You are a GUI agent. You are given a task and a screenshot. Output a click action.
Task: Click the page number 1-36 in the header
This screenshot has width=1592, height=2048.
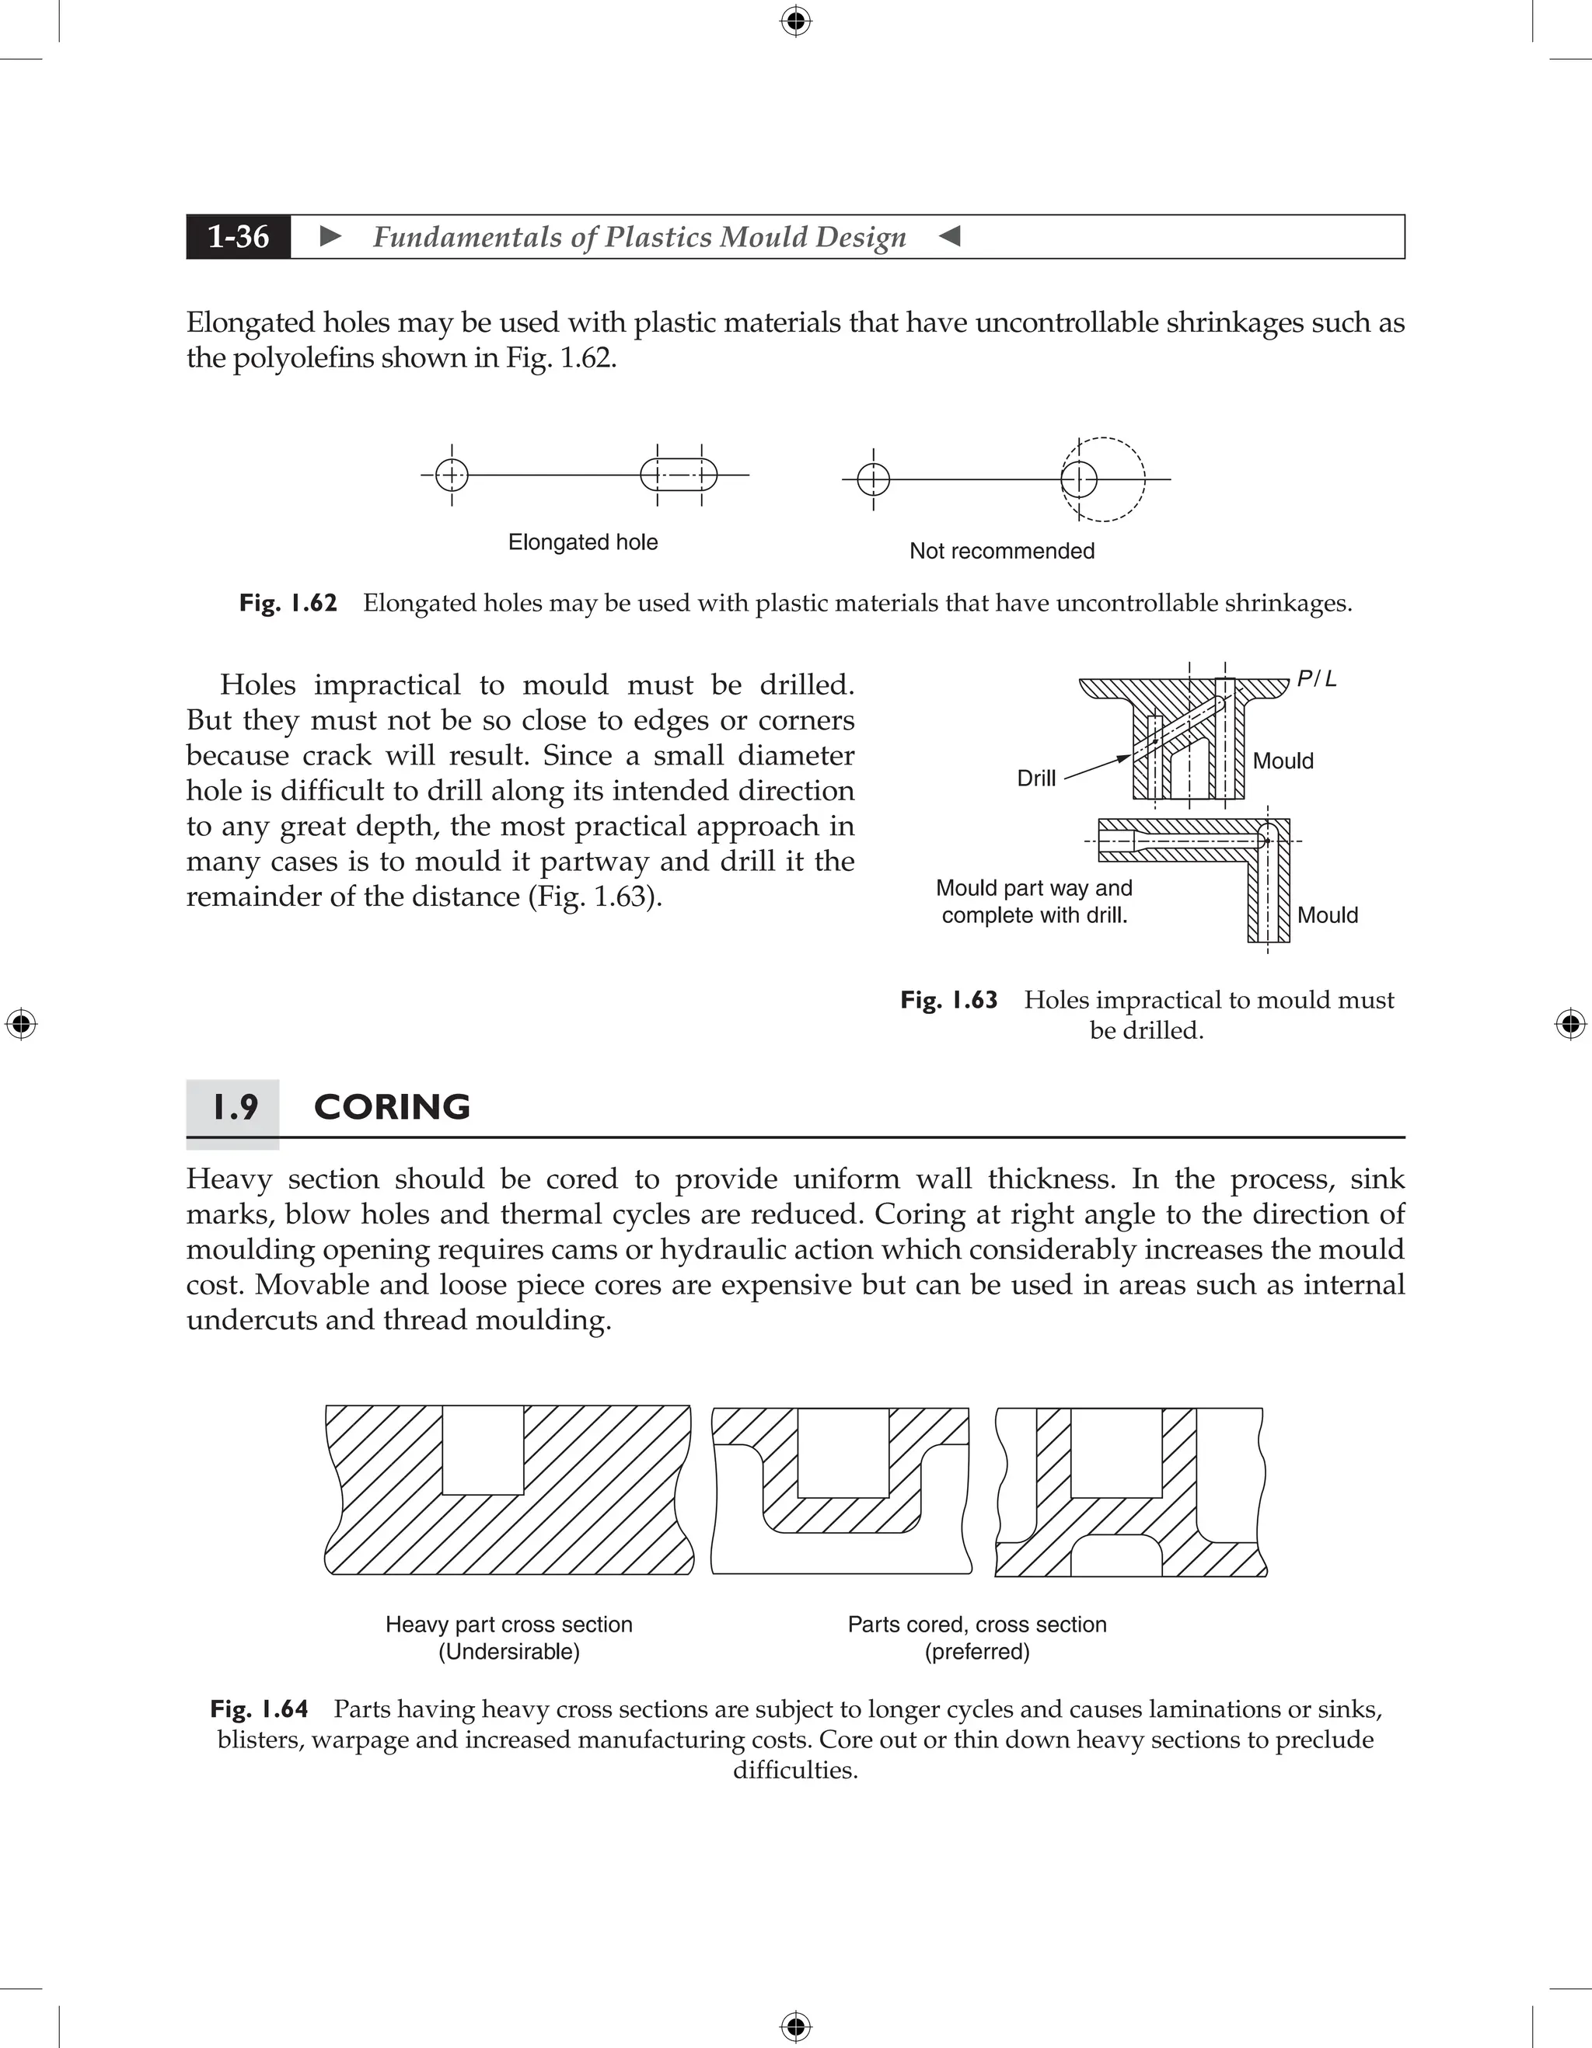point(239,236)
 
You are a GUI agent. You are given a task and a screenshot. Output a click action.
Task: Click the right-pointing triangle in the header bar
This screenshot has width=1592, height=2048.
point(330,236)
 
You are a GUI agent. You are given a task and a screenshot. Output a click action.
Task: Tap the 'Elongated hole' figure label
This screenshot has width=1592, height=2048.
point(582,542)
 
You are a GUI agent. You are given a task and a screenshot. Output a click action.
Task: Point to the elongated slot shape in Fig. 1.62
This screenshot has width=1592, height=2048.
point(679,475)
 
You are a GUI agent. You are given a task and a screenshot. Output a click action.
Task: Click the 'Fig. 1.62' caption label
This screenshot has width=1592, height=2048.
point(288,603)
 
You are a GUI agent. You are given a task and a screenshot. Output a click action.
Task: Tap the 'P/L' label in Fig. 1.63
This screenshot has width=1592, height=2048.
point(1316,679)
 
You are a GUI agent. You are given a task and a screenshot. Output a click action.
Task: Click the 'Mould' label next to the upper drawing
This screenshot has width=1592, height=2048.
point(1283,761)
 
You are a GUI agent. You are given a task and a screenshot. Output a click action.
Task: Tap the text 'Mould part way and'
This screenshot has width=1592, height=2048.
point(1034,888)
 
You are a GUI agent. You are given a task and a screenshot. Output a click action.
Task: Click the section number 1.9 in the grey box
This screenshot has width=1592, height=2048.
point(235,1107)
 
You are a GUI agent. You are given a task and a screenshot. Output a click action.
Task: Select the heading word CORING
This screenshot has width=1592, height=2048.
point(391,1107)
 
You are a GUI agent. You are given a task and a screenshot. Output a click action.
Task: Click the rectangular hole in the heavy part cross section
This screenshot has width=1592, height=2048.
point(482,1449)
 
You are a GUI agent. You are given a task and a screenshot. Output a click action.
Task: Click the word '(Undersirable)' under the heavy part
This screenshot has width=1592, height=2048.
point(508,1651)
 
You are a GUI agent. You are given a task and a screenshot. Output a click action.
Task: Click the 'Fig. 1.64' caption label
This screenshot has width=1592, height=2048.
point(259,1709)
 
